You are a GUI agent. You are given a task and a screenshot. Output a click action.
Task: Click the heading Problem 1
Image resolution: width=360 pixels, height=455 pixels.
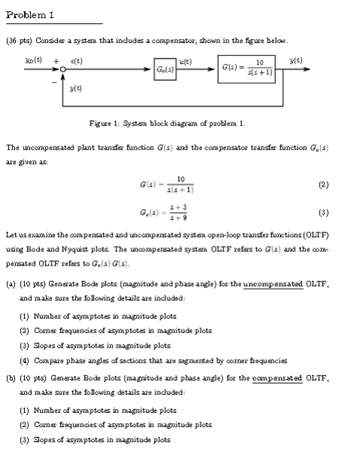click(x=30, y=14)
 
